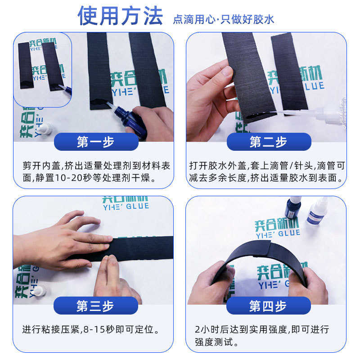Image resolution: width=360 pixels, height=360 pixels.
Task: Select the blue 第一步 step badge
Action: click(95, 142)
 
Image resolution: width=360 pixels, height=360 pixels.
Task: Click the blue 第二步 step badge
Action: click(268, 142)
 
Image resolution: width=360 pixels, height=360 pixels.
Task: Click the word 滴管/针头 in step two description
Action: click(289, 166)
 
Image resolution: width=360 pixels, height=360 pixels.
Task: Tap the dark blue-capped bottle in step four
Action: click(292, 208)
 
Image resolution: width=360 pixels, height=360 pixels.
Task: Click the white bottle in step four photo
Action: click(316, 212)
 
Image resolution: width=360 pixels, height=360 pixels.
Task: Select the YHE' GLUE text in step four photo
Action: click(278, 233)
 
